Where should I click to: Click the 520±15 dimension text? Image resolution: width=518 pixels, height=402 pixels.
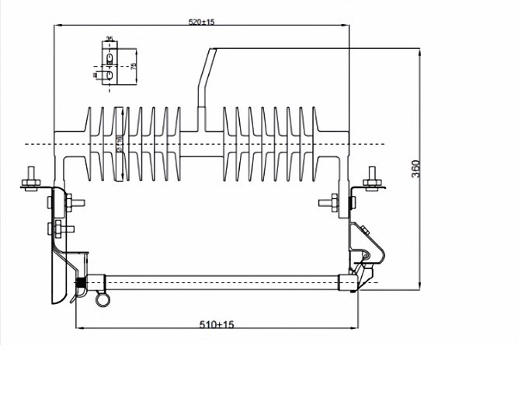pyautogui.click(x=202, y=22)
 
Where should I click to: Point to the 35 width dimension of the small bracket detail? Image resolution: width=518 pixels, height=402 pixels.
pyautogui.click(x=110, y=39)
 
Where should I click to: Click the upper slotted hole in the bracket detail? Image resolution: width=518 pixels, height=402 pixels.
pyautogui.click(x=110, y=57)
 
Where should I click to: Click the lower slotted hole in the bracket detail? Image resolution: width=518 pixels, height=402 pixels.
pyautogui.click(x=110, y=75)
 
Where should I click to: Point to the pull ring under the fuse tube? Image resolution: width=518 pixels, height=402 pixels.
pyautogui.click(x=100, y=300)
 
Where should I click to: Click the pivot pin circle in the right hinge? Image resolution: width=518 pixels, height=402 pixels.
pyautogui.click(x=366, y=254)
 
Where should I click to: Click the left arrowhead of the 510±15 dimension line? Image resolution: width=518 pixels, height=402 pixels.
pyautogui.click(x=78, y=327)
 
